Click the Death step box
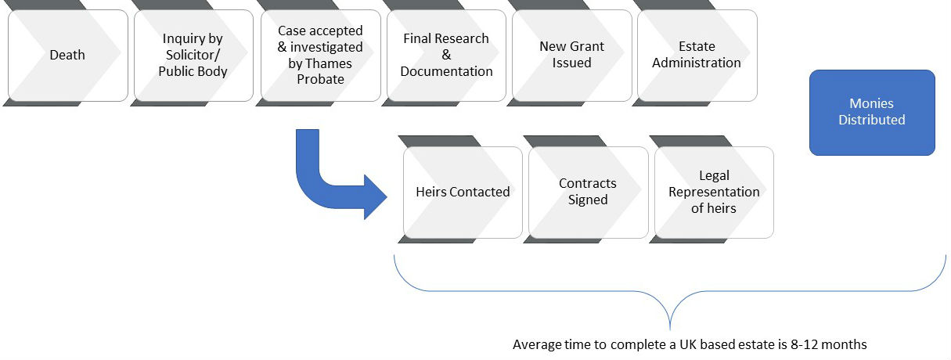click(x=67, y=55)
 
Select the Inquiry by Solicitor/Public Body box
click(x=193, y=55)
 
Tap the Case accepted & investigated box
click(x=320, y=55)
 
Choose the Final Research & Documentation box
click(x=446, y=55)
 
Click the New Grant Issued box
click(x=571, y=55)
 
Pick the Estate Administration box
click(x=697, y=55)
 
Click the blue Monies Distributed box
click(x=872, y=112)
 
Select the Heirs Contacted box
click(x=463, y=192)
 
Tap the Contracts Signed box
click(x=588, y=192)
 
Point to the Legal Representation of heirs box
click(x=713, y=192)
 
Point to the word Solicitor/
click(x=194, y=55)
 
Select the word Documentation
click(x=447, y=71)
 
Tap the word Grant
click(x=587, y=46)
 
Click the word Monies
click(x=871, y=103)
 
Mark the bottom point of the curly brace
click(x=670, y=329)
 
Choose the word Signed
click(x=588, y=200)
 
